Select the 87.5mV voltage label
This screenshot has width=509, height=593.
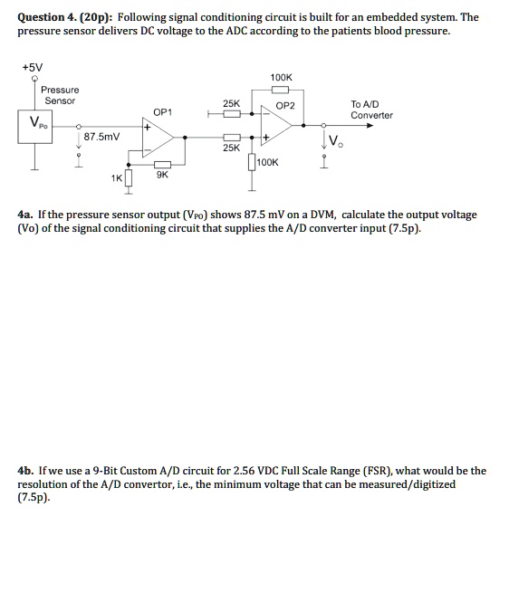click(101, 138)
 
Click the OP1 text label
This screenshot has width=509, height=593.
click(163, 112)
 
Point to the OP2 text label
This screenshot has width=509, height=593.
click(287, 106)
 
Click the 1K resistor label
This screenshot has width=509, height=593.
click(116, 177)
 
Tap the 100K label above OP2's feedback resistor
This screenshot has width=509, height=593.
click(281, 78)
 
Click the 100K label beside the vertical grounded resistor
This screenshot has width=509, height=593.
click(268, 162)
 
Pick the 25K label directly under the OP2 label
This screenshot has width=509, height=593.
click(231, 146)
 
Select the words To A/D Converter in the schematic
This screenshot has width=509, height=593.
click(371, 110)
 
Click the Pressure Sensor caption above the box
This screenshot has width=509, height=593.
click(60, 95)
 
